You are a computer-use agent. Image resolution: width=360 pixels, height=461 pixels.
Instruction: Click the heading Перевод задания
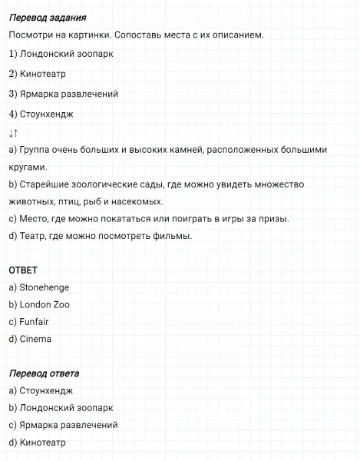[47, 18]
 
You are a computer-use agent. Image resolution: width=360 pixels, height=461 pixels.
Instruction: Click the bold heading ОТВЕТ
[23, 270]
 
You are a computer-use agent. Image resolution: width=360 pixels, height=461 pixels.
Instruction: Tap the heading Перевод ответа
[44, 373]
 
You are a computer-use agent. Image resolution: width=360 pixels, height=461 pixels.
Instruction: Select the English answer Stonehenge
[44, 287]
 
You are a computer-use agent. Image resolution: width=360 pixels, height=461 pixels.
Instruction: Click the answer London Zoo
[45, 305]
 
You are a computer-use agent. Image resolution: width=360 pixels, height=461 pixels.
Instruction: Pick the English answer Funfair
[34, 322]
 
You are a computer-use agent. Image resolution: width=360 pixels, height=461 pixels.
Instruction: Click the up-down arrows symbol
[14, 133]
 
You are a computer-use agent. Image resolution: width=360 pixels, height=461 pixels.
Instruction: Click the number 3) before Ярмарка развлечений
[13, 95]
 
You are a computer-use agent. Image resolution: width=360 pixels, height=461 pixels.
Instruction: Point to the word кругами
[28, 167]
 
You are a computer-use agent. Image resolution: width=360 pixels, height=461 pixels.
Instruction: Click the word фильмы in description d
[171, 236]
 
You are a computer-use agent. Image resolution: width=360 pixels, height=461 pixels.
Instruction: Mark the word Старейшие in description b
[43, 184]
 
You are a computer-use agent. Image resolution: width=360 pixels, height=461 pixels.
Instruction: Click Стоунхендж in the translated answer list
[45, 390]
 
